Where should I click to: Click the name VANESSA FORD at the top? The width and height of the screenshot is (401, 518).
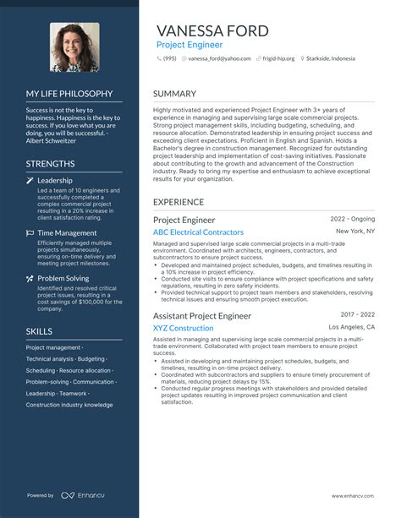coord(212,31)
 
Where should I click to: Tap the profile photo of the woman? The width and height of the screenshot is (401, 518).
coord(75,46)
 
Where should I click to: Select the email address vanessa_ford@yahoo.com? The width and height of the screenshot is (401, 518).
coord(219,59)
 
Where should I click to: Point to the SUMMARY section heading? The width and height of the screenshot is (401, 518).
coord(174,94)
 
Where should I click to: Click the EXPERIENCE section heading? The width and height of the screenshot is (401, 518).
coord(179,203)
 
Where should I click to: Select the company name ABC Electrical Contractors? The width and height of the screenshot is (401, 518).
coord(198,232)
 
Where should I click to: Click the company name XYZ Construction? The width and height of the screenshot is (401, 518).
coord(183,328)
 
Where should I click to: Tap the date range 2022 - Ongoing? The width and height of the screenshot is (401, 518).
coord(353,218)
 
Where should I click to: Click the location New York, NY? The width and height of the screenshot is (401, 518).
coord(355,231)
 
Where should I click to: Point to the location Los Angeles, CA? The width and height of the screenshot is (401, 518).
coord(352,327)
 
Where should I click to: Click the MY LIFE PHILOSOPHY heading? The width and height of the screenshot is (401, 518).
coord(69,94)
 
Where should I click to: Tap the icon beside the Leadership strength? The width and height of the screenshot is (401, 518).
coord(30,181)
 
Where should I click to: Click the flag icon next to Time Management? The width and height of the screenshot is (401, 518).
coord(30,232)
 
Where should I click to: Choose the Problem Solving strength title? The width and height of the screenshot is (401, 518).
coord(63,278)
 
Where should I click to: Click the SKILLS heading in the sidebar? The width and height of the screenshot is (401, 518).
coord(39,331)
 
